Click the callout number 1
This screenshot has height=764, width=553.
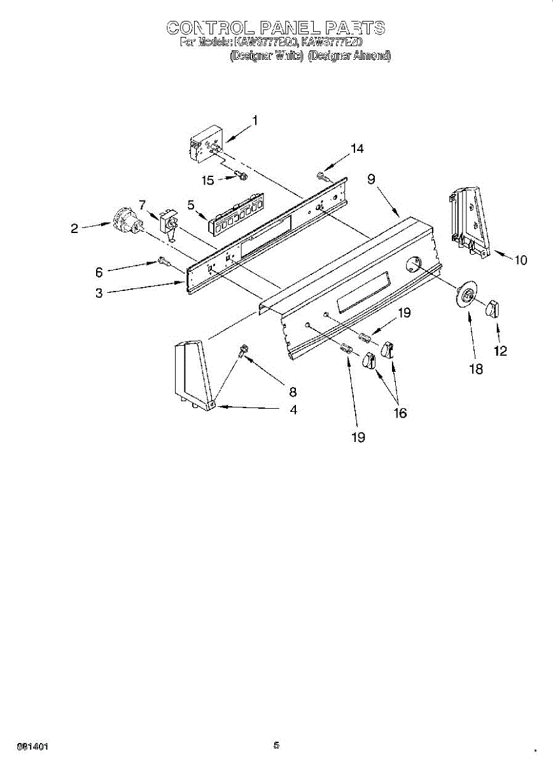[x=255, y=120]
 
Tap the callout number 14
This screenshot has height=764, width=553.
[x=357, y=148]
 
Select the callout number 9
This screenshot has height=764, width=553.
[x=370, y=180]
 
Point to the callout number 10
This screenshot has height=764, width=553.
[x=521, y=260]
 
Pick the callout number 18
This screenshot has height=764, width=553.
[x=475, y=369]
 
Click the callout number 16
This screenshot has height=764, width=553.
[x=400, y=413]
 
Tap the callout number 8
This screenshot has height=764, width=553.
[x=293, y=392]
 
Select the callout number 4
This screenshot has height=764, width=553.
[x=293, y=410]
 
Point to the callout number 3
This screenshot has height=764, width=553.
[x=99, y=294]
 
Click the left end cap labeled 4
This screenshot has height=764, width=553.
[x=191, y=376]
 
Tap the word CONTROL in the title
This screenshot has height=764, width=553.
[x=211, y=27]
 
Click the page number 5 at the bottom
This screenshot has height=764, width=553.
[x=276, y=745]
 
